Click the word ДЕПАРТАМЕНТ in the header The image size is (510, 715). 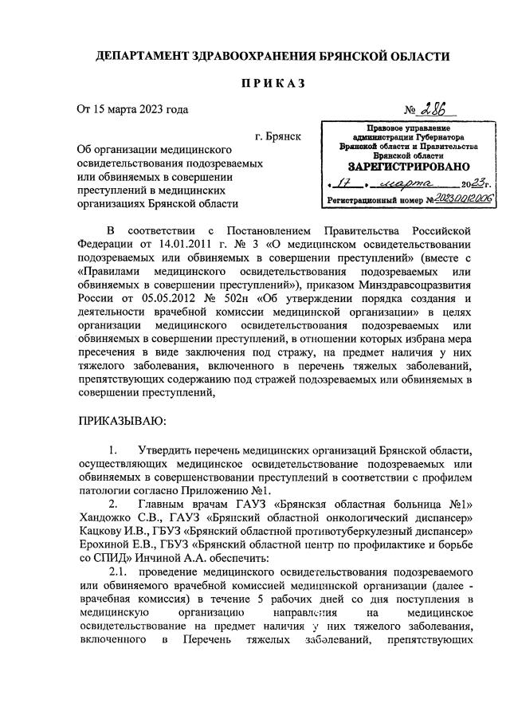point(142,57)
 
